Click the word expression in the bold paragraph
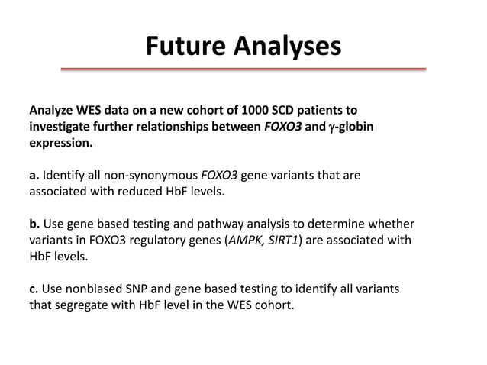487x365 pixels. pos(60,143)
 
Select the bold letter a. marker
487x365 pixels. pos(34,176)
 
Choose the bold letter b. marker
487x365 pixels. pos(34,224)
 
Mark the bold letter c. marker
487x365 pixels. pos(34,290)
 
